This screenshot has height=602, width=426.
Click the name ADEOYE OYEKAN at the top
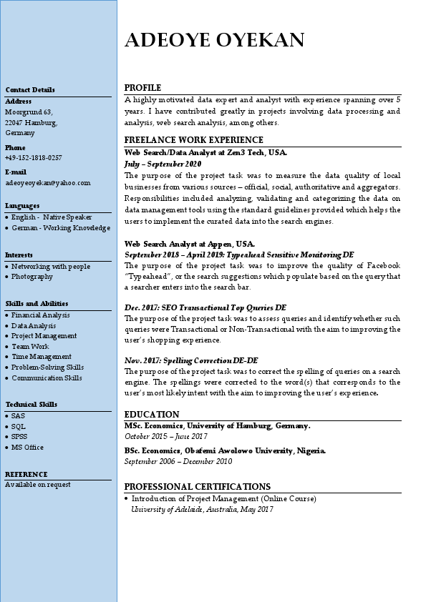pos(214,40)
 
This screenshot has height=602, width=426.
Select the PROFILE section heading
pos(142,88)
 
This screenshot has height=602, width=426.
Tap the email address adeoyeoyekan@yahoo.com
pos(48,183)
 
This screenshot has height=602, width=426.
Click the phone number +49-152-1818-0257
pos(33,158)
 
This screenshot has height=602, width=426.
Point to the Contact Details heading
pos(30,90)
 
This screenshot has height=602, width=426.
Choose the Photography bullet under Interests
pos(32,277)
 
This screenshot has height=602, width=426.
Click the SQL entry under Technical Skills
pos(19,426)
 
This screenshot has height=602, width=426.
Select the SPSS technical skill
pos(19,437)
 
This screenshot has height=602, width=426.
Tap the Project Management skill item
pos(44,336)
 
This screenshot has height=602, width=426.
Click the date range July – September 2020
pos(163,164)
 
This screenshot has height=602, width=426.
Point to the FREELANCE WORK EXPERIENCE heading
pos(193,140)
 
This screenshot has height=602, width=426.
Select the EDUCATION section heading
pos(152,415)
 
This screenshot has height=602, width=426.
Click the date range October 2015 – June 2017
pos(165,436)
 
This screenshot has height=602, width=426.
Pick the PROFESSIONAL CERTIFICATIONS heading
pos(197,487)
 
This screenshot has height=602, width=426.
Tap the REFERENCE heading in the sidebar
pos(26,475)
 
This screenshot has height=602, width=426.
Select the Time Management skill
pos(42,357)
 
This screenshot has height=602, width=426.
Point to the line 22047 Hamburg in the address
pos(31,123)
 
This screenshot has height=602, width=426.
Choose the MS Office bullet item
pos(27,448)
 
